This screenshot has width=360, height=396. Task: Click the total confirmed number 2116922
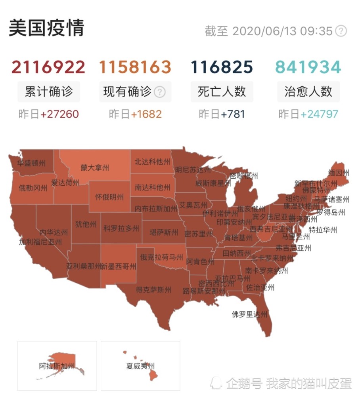[48, 67]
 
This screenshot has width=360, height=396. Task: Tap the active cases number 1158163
[135, 67]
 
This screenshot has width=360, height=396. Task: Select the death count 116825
[222, 67]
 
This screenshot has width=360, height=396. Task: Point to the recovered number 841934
[308, 67]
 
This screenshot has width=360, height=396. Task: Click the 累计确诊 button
[48, 92]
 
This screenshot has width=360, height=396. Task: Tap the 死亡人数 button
[222, 92]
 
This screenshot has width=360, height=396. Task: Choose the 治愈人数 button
[308, 92]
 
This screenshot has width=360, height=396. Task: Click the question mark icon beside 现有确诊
[159, 92]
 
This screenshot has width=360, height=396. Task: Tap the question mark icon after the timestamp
[341, 31]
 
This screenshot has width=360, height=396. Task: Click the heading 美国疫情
[46, 28]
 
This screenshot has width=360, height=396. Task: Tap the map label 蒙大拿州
[95, 168]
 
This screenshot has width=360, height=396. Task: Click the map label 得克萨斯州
[153, 290]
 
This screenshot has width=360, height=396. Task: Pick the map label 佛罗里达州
[249, 315]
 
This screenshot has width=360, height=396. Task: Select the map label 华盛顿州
[31, 163]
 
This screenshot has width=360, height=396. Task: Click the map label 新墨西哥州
[118, 267]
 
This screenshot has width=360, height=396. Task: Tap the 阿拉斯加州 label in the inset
[57, 366]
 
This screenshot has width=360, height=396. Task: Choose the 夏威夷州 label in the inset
[140, 366]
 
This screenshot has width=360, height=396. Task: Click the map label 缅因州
[339, 173]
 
